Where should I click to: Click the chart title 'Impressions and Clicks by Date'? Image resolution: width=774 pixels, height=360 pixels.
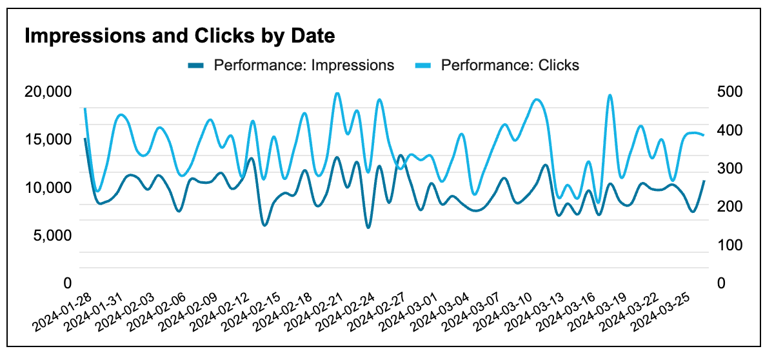coord(180,36)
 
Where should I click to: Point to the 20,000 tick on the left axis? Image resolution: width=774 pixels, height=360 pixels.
coord(47,92)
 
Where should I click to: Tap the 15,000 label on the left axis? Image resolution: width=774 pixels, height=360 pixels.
coord(47,140)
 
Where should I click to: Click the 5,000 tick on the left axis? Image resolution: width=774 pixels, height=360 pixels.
coord(51,235)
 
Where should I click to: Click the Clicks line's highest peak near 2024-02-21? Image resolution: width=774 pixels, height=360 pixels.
coord(337,94)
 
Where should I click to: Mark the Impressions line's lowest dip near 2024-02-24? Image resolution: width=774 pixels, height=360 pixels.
coord(368,227)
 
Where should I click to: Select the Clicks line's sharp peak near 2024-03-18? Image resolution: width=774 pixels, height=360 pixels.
coord(610,95)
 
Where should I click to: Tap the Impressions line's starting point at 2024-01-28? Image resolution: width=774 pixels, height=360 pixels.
coord(85,138)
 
